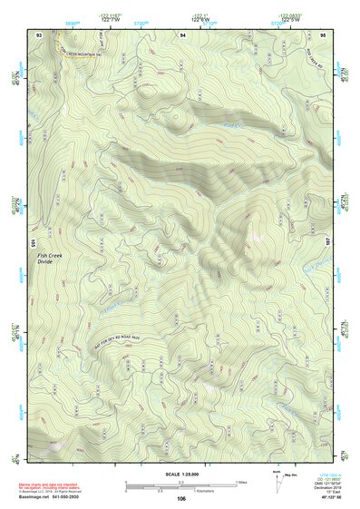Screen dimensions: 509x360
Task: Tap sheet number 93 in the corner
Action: pos(38,34)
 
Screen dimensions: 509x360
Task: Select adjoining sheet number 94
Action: pos(183,34)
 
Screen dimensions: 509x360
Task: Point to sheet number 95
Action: pos(324,34)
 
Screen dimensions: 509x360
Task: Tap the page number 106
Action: pos(181,498)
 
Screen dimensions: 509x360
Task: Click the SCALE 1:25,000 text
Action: pos(181,475)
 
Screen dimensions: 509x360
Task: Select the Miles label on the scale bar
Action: pos(242,481)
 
